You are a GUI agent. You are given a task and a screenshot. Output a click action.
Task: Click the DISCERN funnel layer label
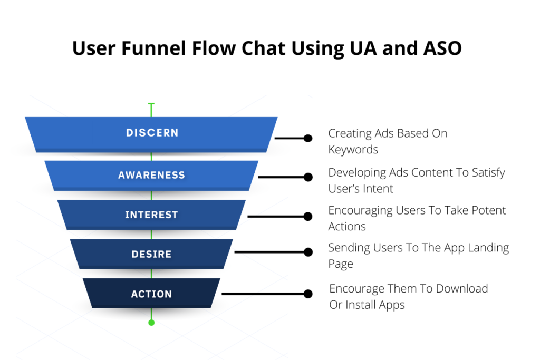click(x=152, y=133)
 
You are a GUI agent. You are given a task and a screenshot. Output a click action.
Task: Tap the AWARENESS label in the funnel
click(x=151, y=175)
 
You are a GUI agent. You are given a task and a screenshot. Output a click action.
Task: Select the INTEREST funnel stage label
click(x=151, y=215)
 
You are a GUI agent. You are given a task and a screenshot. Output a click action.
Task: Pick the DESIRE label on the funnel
click(x=151, y=255)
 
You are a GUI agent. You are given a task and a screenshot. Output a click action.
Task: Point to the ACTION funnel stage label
click(x=151, y=294)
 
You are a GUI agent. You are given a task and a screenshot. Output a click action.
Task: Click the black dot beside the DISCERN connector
click(x=308, y=138)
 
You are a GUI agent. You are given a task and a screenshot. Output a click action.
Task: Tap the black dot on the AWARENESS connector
click(x=308, y=177)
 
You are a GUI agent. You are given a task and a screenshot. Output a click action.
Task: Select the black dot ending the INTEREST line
click(x=308, y=216)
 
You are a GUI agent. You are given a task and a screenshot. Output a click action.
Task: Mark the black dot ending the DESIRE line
click(x=308, y=252)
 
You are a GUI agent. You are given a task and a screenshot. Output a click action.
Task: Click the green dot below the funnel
click(x=151, y=322)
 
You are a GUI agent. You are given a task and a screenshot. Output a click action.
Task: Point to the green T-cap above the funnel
click(x=151, y=104)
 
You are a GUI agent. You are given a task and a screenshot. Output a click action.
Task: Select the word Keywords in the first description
click(x=353, y=150)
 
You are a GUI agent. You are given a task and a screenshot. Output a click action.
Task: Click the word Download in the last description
click(x=461, y=288)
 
